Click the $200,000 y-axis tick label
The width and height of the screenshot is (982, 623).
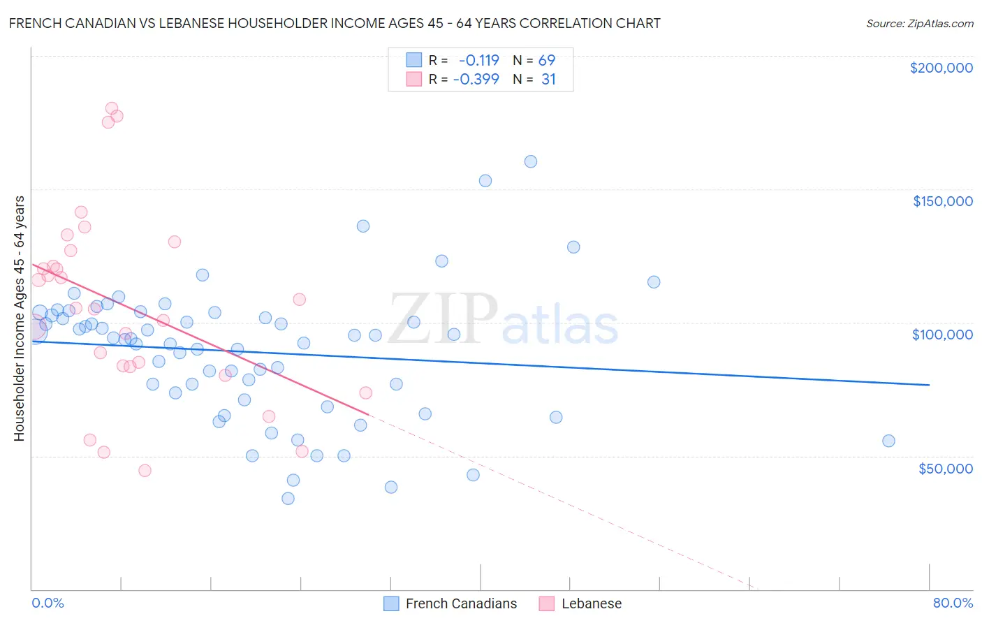941,68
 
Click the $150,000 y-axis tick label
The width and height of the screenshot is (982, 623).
942,201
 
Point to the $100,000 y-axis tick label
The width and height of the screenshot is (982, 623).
942,335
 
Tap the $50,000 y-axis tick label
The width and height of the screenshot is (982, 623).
945,468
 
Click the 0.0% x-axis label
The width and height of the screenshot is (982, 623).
47,603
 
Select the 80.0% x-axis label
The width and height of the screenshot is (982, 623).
953,603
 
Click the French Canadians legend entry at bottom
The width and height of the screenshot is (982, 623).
461,603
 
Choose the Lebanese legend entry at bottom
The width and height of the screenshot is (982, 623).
591,603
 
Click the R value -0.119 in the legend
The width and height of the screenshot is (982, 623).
478,60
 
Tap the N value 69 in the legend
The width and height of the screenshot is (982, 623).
547,60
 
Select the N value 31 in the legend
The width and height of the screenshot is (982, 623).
548,80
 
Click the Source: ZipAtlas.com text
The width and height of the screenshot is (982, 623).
919,24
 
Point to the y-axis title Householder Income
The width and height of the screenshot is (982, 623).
20,318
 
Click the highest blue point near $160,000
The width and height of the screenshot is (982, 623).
531,161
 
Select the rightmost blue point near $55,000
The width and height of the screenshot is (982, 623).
888,441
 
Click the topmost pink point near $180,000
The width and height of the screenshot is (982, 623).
112,108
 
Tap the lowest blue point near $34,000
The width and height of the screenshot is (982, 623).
288,499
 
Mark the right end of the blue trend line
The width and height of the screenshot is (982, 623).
929,385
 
